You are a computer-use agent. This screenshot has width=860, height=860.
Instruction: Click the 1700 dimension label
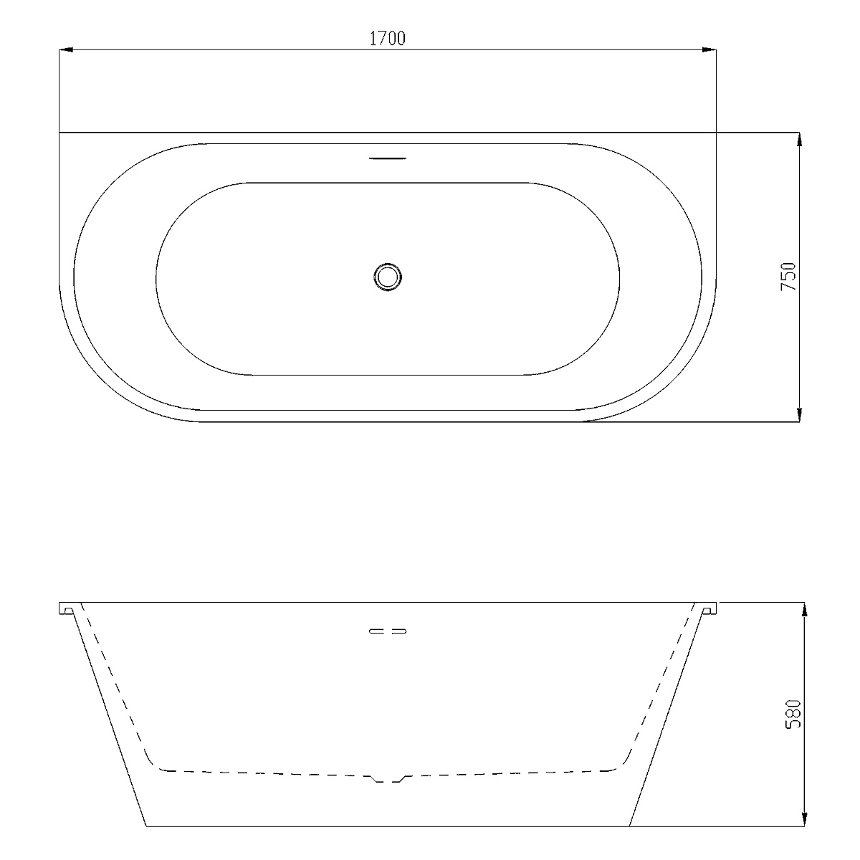pos(388,39)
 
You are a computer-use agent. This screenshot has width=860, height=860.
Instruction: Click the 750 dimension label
pos(788,276)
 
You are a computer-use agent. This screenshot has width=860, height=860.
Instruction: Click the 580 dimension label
pos(793,714)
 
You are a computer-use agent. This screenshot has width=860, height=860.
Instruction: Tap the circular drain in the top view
pos(388,277)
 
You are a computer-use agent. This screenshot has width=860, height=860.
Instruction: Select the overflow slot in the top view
pos(388,158)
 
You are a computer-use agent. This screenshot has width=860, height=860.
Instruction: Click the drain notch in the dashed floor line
pos(388,779)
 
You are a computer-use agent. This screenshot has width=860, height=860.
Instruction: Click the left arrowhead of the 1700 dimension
pos(66,49)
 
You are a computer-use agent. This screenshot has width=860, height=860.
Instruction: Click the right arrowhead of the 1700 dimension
pos(709,49)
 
